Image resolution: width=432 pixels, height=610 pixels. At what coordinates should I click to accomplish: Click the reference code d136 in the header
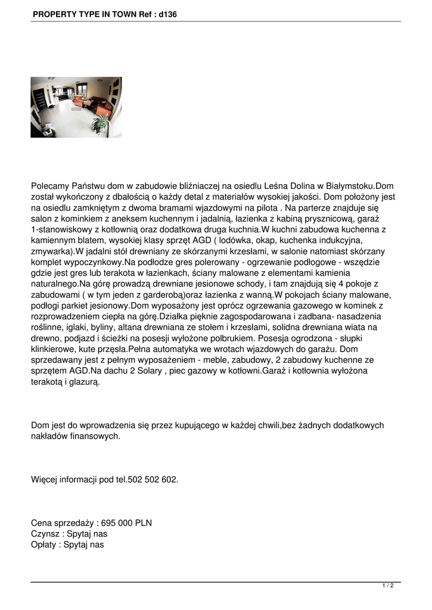click(x=167, y=14)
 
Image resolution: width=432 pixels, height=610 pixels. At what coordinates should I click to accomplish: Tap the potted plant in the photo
click(x=100, y=124)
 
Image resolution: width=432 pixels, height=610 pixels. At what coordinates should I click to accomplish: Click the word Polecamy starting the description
click(x=51, y=186)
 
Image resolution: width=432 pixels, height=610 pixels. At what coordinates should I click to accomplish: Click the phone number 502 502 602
click(x=153, y=480)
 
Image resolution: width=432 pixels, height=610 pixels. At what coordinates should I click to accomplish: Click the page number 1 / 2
click(x=388, y=586)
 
